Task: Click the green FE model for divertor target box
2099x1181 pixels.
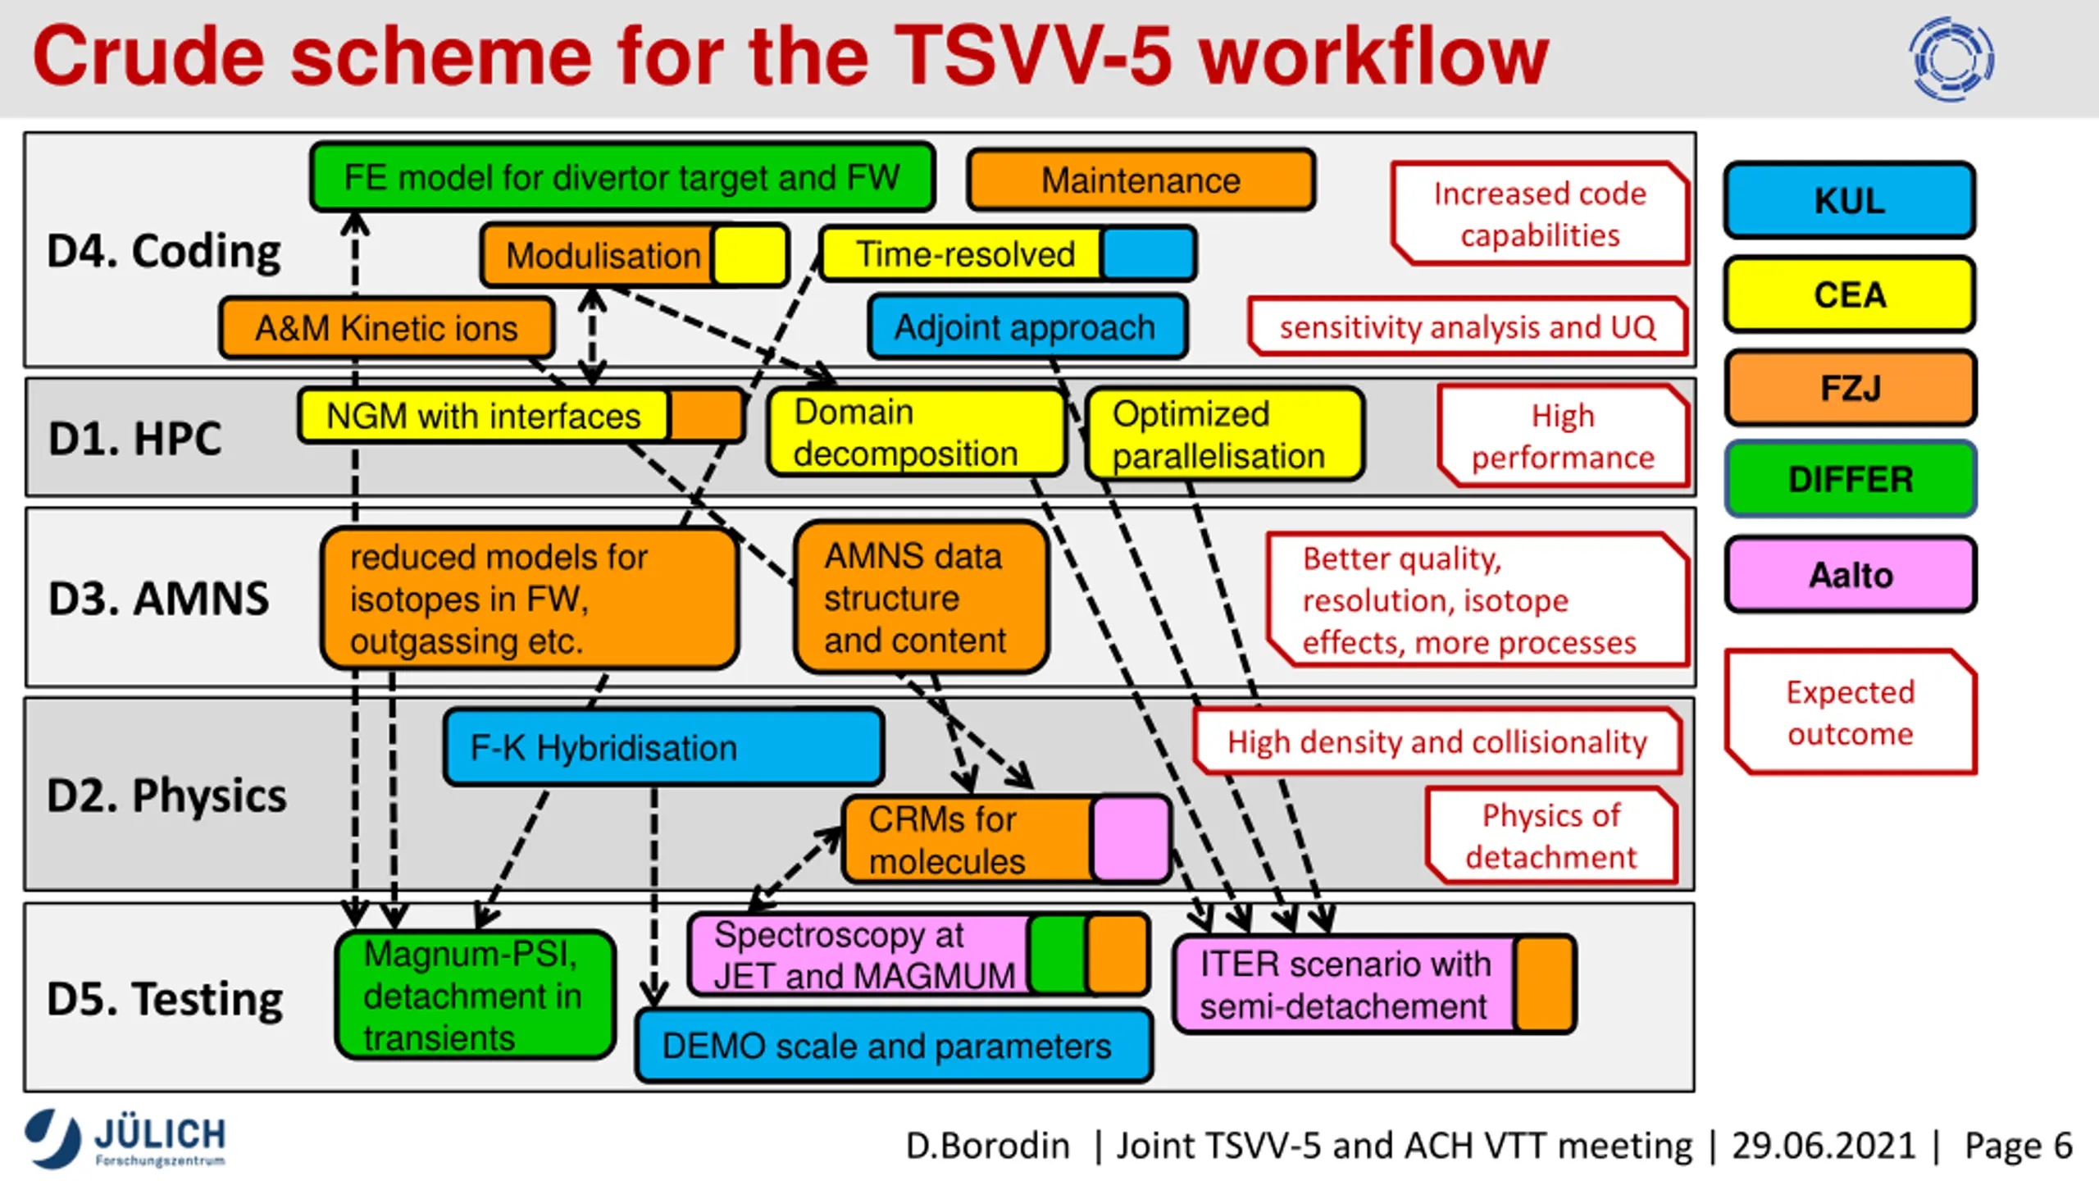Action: point(622,177)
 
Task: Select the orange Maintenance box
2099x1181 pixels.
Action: point(1141,180)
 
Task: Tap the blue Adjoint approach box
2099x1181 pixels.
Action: point(1027,326)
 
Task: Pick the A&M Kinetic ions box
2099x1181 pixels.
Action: point(387,328)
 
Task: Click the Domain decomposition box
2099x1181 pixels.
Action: point(917,432)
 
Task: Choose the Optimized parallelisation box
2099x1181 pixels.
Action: point(1225,434)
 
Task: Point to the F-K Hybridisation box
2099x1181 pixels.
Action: point(664,747)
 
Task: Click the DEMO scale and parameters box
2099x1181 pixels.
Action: point(895,1046)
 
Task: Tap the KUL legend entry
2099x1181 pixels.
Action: point(1850,200)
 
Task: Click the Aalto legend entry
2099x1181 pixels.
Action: point(1851,574)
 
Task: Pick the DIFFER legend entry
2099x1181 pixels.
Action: point(1851,479)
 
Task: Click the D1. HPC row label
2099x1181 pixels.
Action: point(135,438)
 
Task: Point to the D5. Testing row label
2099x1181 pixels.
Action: point(165,999)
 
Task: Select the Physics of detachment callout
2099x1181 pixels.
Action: point(1551,836)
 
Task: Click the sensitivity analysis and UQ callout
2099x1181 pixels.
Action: point(1468,326)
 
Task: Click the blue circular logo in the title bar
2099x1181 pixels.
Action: point(1951,59)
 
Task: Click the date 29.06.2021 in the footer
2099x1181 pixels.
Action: point(1824,1146)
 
